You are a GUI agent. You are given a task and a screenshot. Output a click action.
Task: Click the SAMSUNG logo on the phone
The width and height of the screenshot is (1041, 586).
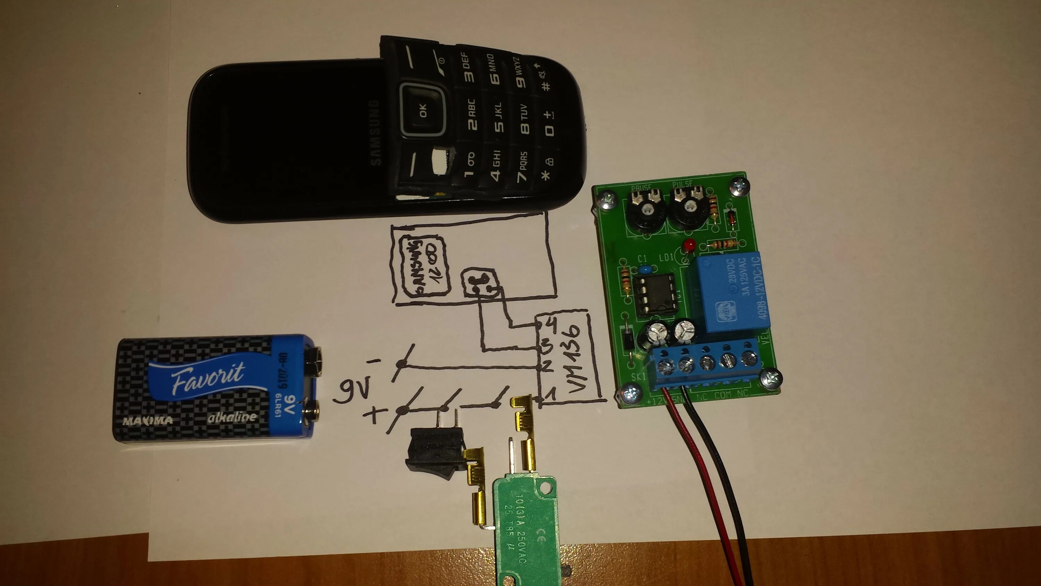point(375,133)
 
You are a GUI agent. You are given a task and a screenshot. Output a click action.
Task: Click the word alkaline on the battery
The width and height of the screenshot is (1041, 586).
point(231,417)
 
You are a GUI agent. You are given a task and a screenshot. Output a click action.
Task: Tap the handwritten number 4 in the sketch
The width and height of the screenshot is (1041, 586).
point(550,324)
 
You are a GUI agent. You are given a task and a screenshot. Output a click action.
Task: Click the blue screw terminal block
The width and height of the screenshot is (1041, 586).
point(705,366)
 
